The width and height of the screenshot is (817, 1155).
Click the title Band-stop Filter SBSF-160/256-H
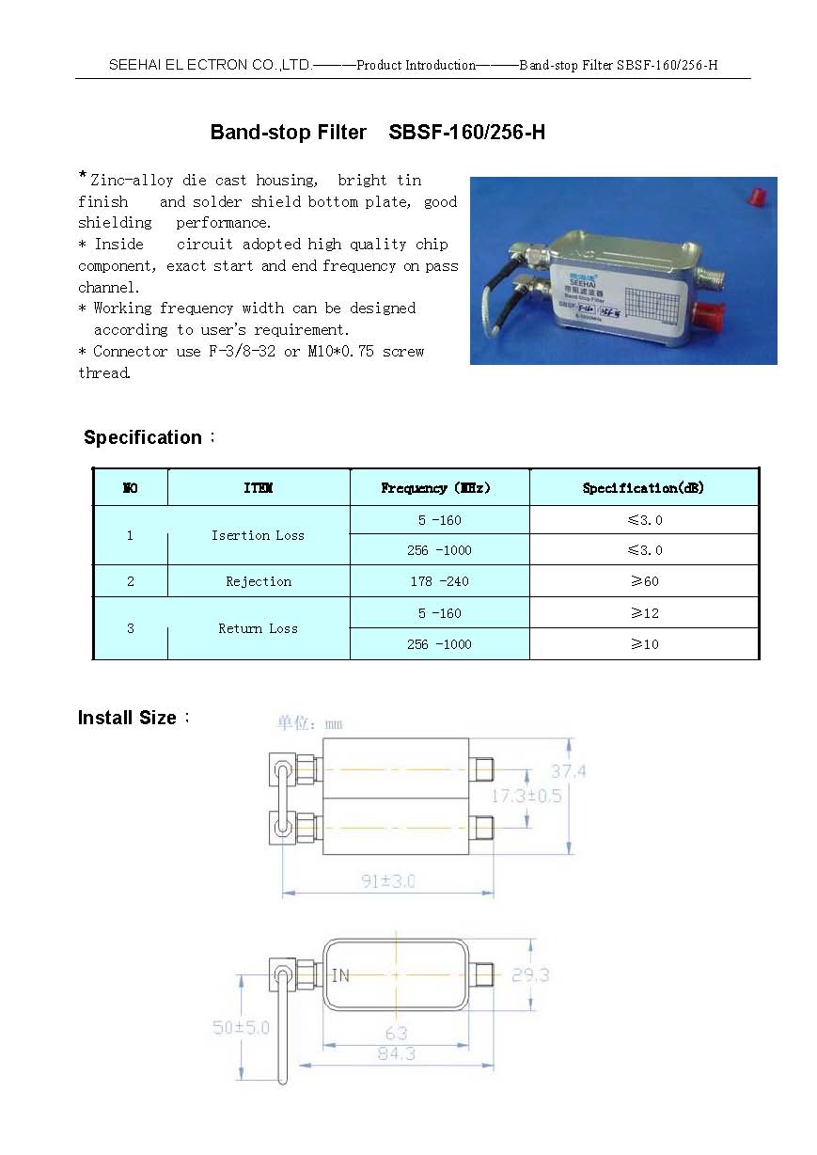(x=377, y=133)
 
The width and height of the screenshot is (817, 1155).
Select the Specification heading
(x=143, y=437)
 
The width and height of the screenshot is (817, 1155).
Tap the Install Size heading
(x=127, y=718)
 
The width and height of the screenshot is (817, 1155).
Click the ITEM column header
(x=259, y=488)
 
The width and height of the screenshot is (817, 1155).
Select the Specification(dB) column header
(x=643, y=488)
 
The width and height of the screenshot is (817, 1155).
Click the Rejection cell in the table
(x=259, y=581)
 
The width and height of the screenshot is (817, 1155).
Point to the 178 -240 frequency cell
(x=439, y=581)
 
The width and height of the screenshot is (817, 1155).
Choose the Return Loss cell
(x=258, y=628)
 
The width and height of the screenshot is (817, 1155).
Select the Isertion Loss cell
(x=258, y=535)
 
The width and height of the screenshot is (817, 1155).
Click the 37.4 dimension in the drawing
(x=568, y=771)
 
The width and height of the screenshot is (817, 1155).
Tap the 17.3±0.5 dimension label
(x=526, y=796)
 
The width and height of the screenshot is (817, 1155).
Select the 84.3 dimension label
(x=396, y=1054)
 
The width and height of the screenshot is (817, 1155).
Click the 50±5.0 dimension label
(x=241, y=1028)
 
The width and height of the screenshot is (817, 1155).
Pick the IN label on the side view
(x=340, y=975)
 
